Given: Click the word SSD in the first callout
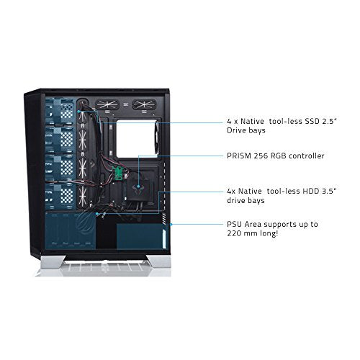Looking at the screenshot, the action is click(312, 121).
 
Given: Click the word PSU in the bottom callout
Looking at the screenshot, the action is click(235, 225).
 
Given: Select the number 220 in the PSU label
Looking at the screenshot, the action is click(234, 233).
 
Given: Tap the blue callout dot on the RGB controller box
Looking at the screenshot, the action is click(138, 186).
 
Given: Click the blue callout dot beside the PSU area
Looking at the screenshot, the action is click(171, 225).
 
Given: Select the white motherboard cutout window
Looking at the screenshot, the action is click(136, 139).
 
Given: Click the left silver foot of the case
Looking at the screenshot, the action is click(53, 261).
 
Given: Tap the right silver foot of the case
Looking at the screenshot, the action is click(158, 261).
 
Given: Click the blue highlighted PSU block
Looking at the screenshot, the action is click(140, 236).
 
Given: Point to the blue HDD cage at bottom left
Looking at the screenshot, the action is click(71, 230).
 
